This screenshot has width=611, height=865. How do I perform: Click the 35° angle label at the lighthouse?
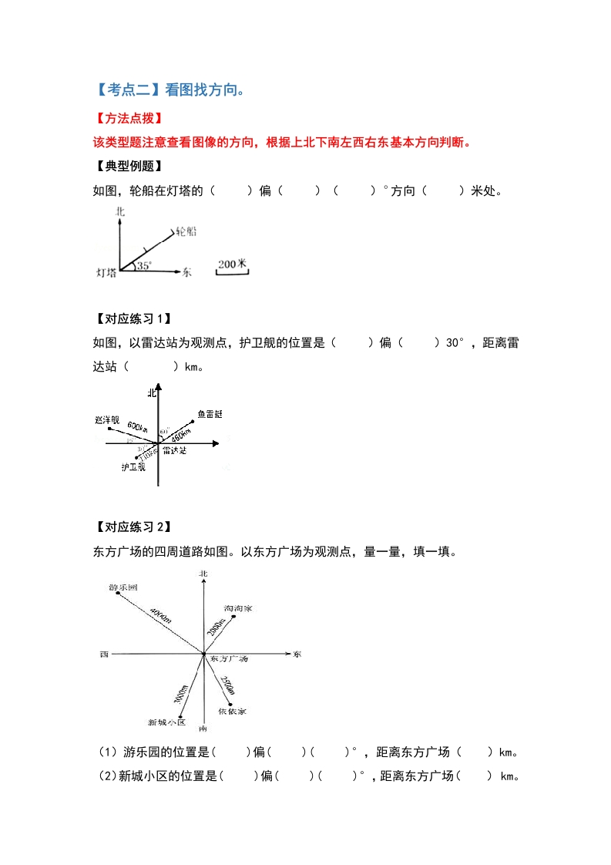pyautogui.click(x=145, y=266)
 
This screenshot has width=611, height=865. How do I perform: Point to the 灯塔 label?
pyautogui.click(x=106, y=272)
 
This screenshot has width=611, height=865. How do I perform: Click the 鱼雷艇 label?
pyautogui.click(x=209, y=415)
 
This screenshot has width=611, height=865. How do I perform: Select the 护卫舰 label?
pyautogui.click(x=133, y=467)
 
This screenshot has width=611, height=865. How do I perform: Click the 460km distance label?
pyautogui.click(x=180, y=432)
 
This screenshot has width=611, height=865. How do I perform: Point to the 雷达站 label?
pyautogui.click(x=175, y=449)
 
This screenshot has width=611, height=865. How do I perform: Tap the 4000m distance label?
pyautogui.click(x=160, y=614)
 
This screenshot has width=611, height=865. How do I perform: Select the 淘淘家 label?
pyautogui.click(x=238, y=609)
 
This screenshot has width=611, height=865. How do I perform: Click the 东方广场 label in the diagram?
pyautogui.click(x=229, y=660)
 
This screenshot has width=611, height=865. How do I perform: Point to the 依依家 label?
pyautogui.click(x=231, y=712)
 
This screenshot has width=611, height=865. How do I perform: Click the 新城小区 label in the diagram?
pyautogui.click(x=167, y=722)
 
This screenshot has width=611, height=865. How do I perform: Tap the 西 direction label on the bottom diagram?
pyautogui.click(x=103, y=655)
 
